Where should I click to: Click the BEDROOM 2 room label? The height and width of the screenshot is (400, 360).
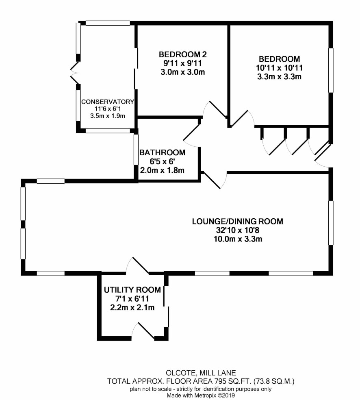point(182,54)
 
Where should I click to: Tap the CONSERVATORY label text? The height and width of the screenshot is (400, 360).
point(108,102)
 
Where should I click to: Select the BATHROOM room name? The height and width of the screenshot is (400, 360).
point(163,152)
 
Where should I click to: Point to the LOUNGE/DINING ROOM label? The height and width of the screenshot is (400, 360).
point(238,221)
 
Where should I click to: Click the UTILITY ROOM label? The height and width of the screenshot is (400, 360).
point(132,290)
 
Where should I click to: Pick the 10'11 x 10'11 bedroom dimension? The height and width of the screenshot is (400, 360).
point(280,68)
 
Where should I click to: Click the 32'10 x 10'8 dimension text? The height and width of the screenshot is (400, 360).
point(238,230)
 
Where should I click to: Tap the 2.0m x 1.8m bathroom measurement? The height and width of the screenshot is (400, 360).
point(163,170)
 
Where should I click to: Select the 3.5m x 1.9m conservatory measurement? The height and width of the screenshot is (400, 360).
point(108,116)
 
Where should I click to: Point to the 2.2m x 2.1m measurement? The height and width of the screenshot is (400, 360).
point(132,307)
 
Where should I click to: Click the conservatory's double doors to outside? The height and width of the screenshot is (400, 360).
point(74,73)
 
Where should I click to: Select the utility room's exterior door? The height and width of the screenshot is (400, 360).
point(143,331)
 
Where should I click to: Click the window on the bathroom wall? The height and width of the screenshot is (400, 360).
point(136,150)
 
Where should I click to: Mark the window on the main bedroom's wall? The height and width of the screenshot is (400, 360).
point(331,70)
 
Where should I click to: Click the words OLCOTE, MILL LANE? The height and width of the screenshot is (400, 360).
point(201,373)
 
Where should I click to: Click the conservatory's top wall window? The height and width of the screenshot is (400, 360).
point(108,23)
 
